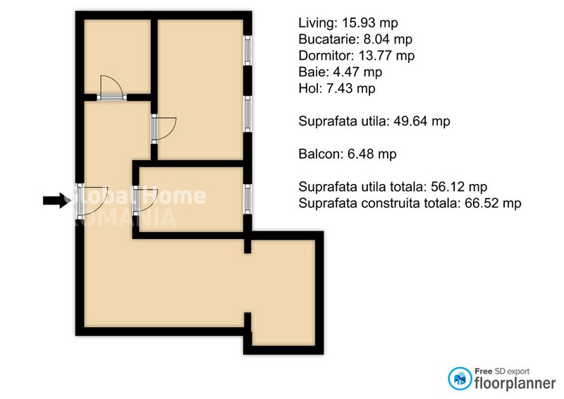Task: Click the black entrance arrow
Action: coord(53,201)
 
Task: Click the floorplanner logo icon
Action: coord(460,379)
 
